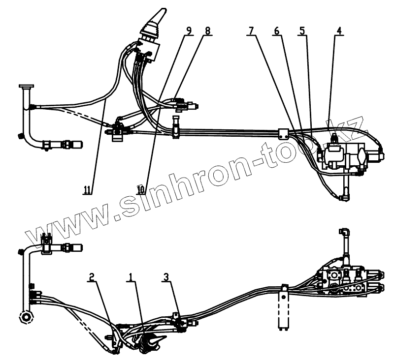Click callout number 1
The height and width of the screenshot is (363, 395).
click(x=131, y=278)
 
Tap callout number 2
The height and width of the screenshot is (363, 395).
click(x=91, y=278)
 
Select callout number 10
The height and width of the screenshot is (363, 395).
click(x=141, y=188)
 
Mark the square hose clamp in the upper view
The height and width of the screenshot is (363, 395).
click(x=283, y=133)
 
